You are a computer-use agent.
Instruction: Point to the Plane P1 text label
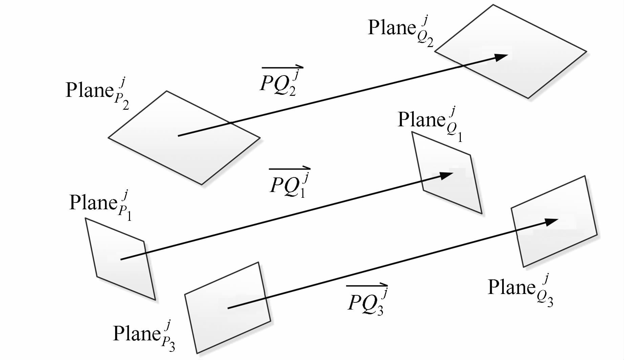pyautogui.click(x=100, y=205)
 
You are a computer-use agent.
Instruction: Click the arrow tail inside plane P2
pyautogui.click(x=178, y=136)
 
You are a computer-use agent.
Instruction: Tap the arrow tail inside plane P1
pyautogui.click(x=121, y=259)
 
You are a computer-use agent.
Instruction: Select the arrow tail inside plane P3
pyautogui.click(x=228, y=308)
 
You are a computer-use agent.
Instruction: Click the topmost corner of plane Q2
pyautogui.click(x=493, y=5)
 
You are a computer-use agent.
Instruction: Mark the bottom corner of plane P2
pyautogui.click(x=202, y=185)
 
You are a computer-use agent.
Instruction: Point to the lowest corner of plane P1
pyautogui.click(x=155, y=300)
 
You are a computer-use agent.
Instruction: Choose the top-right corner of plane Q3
pyautogui.click(x=585, y=176)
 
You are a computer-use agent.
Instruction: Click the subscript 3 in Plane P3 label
pyautogui.click(x=171, y=347)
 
